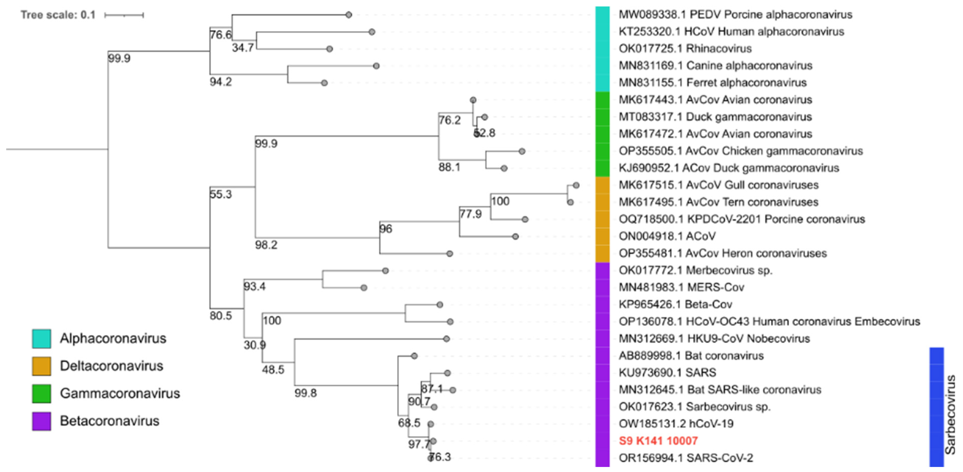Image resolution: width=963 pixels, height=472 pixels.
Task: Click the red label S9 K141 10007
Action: (658, 441)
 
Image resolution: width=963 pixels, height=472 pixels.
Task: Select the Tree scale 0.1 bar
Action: (124, 15)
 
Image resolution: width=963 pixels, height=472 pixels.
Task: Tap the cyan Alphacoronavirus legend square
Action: (42, 339)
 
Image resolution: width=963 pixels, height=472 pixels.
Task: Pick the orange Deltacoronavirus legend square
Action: (42, 366)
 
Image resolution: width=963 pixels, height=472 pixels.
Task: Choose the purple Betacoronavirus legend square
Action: (42, 421)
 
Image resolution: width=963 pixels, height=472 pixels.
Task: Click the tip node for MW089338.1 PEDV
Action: (349, 15)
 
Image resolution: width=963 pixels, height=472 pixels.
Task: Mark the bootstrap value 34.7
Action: (243, 48)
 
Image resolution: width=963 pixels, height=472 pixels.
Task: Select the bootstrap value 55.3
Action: (221, 194)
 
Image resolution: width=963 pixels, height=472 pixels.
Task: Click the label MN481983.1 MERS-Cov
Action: (681, 287)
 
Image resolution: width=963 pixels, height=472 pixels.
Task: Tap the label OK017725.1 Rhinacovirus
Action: (685, 49)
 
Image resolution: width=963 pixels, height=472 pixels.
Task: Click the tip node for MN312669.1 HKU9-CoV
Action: (446, 339)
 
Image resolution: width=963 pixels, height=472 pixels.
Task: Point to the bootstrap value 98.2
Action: (266, 245)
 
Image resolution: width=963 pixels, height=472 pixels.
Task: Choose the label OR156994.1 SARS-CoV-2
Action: (686, 458)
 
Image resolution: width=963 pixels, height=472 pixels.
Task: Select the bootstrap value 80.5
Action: (221, 316)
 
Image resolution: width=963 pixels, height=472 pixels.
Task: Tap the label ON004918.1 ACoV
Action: (667, 236)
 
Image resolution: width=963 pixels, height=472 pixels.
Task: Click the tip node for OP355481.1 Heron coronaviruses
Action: (450, 254)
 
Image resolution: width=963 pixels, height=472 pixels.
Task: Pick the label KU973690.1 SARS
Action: (667, 373)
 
